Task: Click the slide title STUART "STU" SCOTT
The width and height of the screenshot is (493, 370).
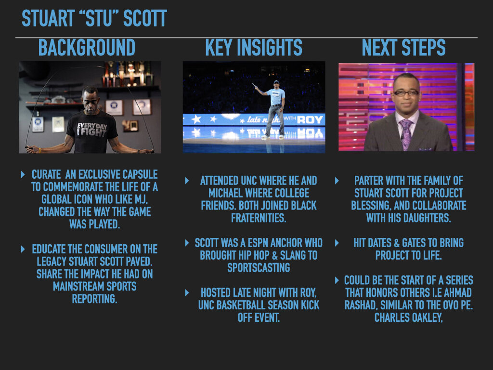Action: pyautogui.click(x=94, y=19)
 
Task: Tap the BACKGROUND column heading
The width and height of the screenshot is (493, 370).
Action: pyautogui.click(x=87, y=48)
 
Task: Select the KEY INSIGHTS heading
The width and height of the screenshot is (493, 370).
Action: pyautogui.click(x=254, y=48)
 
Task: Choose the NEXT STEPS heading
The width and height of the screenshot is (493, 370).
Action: pyautogui.click(x=403, y=48)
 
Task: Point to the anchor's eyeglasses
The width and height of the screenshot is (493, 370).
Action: pyautogui.click(x=406, y=92)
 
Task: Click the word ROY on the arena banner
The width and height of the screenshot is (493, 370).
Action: pyautogui.click(x=310, y=119)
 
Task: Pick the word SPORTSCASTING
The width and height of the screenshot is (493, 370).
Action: pyautogui.click(x=259, y=267)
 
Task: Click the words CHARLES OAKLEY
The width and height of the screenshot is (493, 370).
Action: pyautogui.click(x=408, y=317)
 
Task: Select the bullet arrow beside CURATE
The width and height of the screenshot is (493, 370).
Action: pyautogui.click(x=23, y=174)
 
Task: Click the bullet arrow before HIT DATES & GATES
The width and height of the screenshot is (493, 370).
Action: pyautogui.click(x=337, y=243)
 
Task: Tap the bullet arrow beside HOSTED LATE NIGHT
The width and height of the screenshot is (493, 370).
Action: pyautogui.click(x=187, y=292)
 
